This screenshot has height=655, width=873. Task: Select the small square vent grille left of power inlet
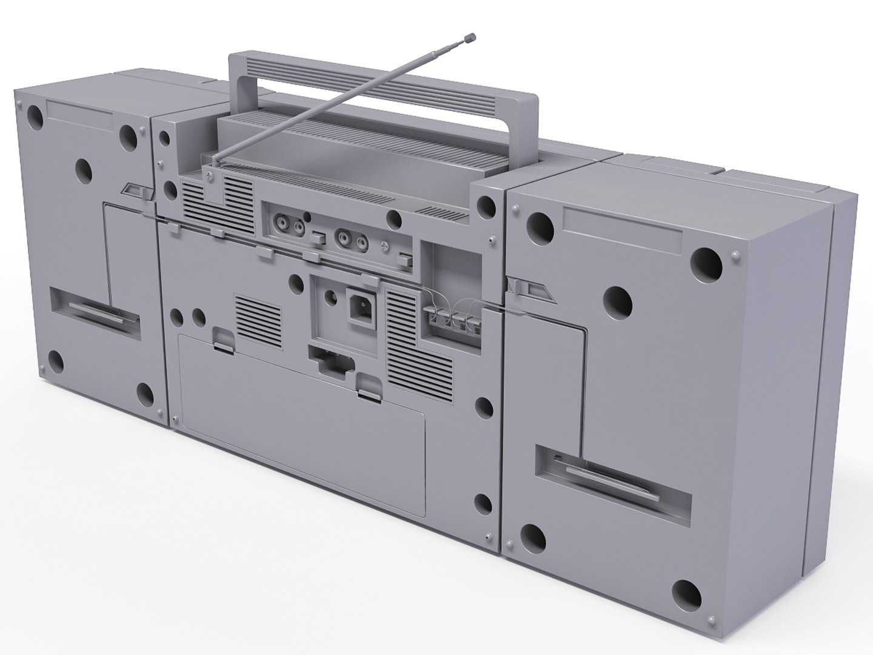(258, 321)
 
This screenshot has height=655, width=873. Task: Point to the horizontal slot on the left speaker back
(95, 309)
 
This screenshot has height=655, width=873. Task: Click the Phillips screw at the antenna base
(209, 176)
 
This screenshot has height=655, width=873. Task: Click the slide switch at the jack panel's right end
(403, 260)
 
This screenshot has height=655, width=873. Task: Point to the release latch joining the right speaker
(532, 289)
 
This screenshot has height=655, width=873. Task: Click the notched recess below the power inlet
(332, 363)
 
